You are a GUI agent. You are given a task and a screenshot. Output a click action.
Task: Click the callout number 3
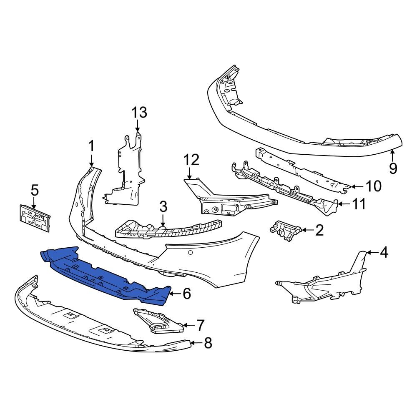(x=163, y=206)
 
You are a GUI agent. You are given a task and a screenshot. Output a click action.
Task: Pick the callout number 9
(x=393, y=168)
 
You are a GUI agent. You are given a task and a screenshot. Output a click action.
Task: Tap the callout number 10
(x=373, y=186)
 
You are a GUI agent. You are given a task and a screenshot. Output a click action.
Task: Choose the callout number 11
(x=359, y=204)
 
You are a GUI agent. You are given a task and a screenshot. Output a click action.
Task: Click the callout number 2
(x=319, y=230)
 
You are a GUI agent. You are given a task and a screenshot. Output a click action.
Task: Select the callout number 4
(x=384, y=252)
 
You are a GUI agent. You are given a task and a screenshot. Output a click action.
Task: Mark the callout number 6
(x=186, y=294)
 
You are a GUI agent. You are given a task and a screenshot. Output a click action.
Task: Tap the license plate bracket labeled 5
(x=34, y=217)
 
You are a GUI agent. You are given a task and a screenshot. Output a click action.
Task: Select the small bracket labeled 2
(x=286, y=231)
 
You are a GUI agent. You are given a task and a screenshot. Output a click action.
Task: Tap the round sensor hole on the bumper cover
(x=191, y=253)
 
